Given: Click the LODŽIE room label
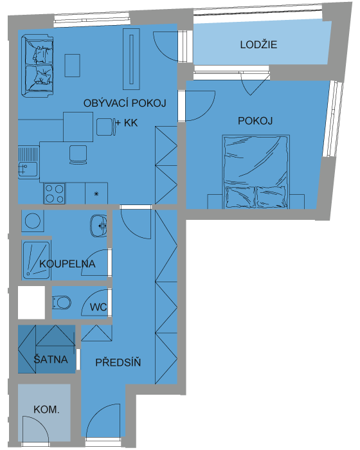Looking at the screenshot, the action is click(x=258, y=45).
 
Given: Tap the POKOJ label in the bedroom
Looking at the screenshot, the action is click(x=255, y=121).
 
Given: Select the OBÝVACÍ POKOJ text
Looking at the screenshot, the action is click(x=125, y=103).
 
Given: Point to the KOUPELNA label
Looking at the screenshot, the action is click(x=67, y=264).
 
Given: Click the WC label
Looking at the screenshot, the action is click(x=98, y=307).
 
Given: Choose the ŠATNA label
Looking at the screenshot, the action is click(x=51, y=359).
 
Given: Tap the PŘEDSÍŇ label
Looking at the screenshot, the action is click(x=118, y=362).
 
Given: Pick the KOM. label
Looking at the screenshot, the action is click(x=46, y=410).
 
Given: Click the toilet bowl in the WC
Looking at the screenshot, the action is click(x=62, y=303).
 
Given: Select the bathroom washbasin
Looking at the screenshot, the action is click(x=99, y=226).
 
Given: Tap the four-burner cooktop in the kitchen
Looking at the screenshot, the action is click(x=55, y=194).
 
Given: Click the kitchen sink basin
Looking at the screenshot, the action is click(x=28, y=169).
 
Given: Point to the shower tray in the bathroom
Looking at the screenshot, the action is click(x=36, y=260).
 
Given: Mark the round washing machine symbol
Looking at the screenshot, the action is click(x=33, y=221).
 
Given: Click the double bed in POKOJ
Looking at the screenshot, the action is click(x=256, y=172).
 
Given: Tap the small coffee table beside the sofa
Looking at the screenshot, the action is click(x=72, y=66).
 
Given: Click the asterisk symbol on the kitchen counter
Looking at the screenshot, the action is click(x=96, y=194).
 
